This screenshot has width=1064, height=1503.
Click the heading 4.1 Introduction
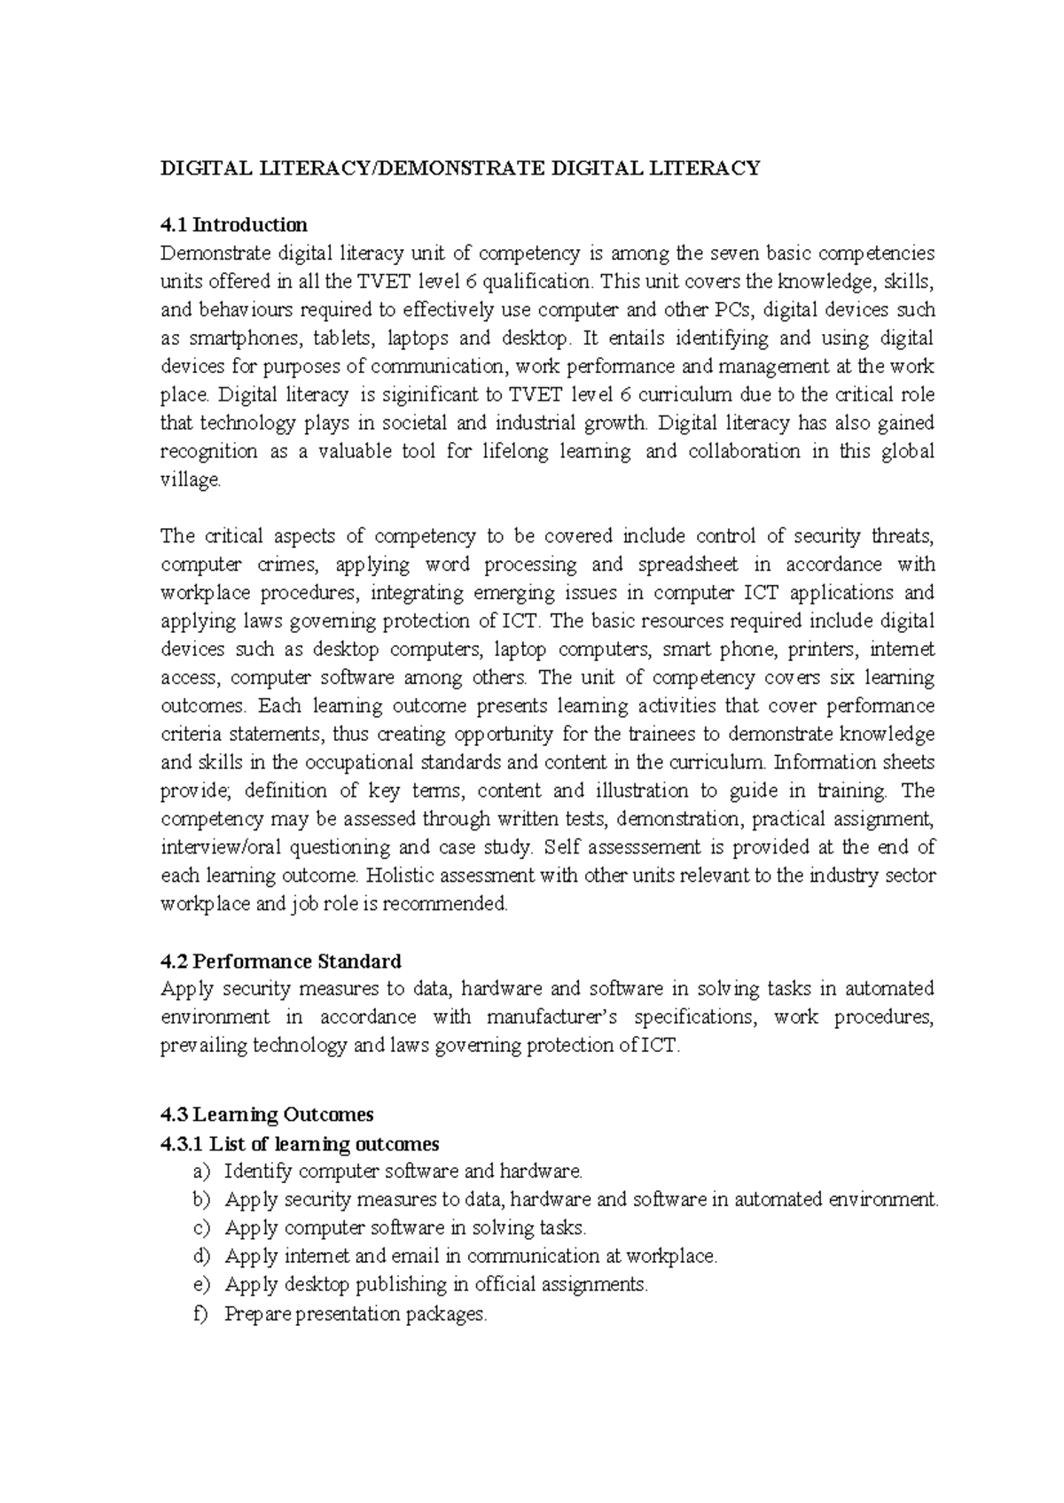pos(233,224)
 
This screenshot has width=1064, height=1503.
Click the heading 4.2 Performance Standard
pos(280,961)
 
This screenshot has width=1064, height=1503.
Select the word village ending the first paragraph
pos(189,480)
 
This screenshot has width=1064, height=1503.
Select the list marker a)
pos(201,1172)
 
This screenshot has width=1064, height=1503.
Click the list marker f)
pos(200,1313)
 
